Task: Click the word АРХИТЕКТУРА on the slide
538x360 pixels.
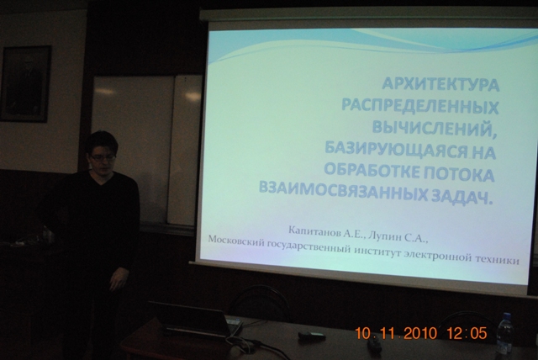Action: (440, 84)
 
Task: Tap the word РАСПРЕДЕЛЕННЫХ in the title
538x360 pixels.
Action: (420, 107)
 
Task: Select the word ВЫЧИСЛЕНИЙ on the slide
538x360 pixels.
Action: (435, 128)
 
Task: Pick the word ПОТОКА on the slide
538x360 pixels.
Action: (459, 173)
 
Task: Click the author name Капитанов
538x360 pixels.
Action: (314, 231)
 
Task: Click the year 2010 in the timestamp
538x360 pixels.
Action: (420, 333)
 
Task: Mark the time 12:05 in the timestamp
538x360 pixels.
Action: (467, 333)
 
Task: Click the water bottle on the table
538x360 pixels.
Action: (504, 332)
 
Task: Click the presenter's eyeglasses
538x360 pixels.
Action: (103, 158)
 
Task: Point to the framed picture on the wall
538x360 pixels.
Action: (25, 83)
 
